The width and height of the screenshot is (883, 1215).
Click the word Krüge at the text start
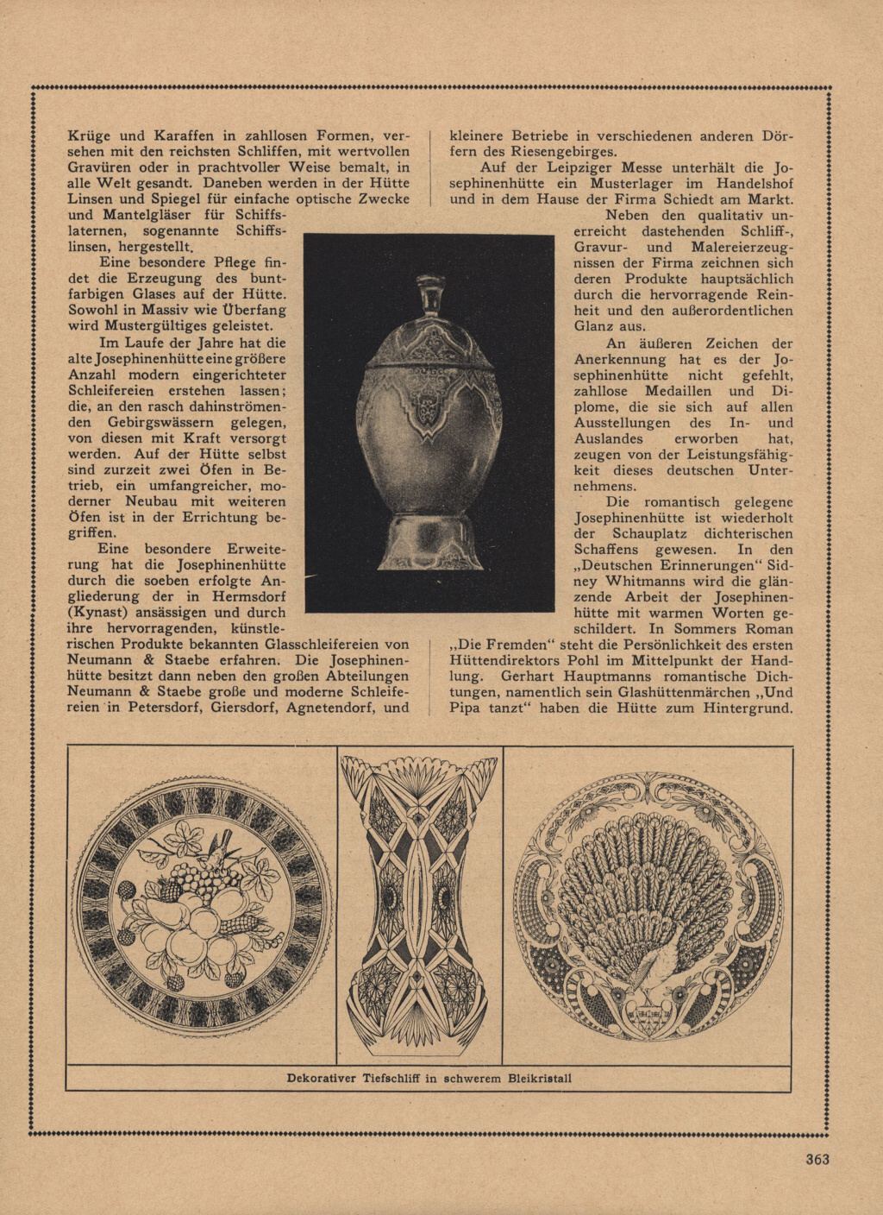click(x=89, y=135)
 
